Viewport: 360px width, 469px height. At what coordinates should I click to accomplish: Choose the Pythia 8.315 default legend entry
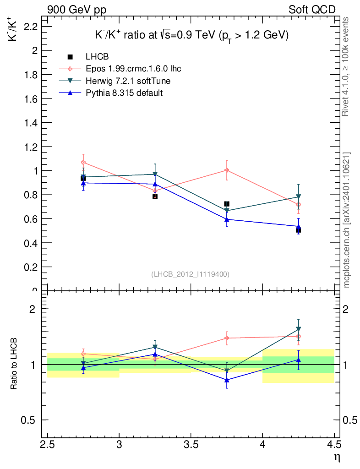(124, 93)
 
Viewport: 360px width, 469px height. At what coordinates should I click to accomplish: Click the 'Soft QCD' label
(312, 10)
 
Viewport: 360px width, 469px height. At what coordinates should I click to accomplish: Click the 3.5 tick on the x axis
(191, 444)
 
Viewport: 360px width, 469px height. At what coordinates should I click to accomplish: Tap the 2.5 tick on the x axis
(48, 444)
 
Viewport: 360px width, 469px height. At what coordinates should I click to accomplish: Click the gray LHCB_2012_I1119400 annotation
(190, 274)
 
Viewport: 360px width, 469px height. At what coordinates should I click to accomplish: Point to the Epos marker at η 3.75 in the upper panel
(227, 170)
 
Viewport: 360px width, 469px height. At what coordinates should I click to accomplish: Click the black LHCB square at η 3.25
(155, 196)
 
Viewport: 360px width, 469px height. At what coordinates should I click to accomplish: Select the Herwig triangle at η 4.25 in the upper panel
(298, 197)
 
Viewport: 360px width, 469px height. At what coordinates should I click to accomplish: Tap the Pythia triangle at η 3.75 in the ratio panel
(227, 380)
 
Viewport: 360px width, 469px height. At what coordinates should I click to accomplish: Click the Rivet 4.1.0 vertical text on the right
(346, 67)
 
